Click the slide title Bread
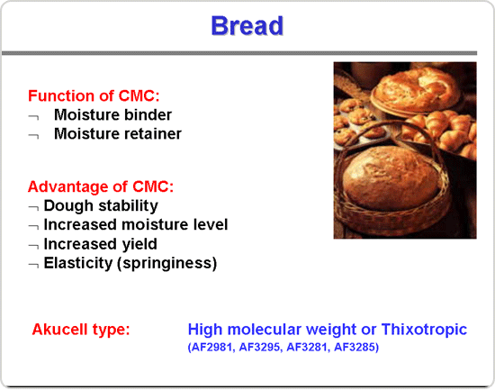pos(247,25)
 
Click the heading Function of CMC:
pos(94,95)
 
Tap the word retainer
pos(155,133)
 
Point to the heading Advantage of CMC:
pos(101,186)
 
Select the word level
pos(211,224)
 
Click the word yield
pos(139,244)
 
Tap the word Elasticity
pos(78,263)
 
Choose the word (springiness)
pos(167,263)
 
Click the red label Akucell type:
pos(81,330)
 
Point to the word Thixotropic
pos(424,329)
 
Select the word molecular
pos(265,329)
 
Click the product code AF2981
pos(212,347)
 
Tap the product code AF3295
pos(259,347)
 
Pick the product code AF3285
pos(355,347)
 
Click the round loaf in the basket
pos(391,178)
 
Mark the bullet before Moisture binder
pos(34,118)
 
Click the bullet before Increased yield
pos(34,246)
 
